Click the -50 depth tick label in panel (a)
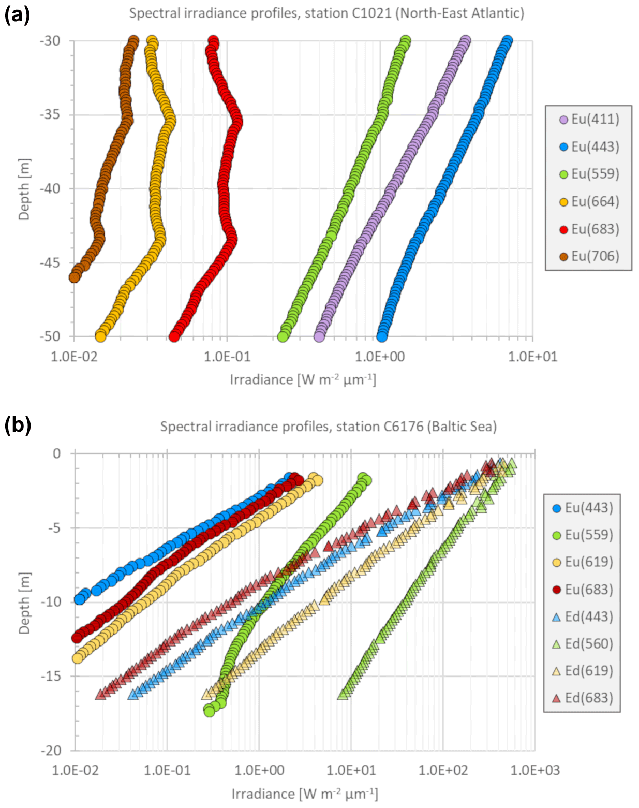coord(50,336)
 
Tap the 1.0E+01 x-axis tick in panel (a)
coord(533,357)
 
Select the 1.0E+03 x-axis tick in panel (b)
coord(535,770)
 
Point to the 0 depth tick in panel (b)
coord(57,453)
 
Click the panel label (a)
coord(17,15)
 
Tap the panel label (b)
coord(18,425)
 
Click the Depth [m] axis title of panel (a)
coord(24,189)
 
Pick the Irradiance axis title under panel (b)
coord(304,794)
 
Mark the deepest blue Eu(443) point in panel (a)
coord(382,336)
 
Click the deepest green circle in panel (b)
coord(209,711)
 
